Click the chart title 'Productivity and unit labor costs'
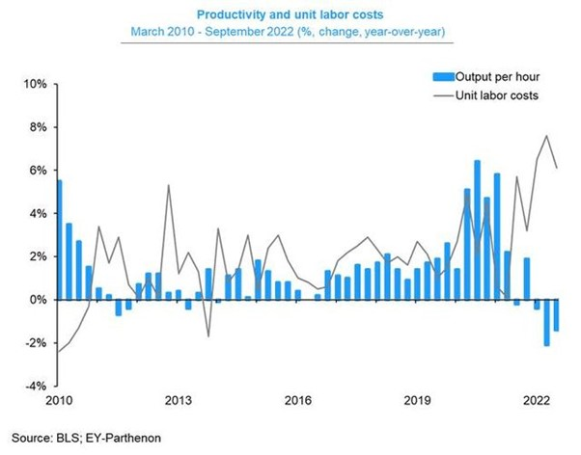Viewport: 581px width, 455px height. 290,16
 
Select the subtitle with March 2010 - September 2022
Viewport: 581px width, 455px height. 290,35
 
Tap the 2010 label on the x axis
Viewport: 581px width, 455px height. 58,399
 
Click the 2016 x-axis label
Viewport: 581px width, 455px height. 297,399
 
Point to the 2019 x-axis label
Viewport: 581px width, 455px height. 417,399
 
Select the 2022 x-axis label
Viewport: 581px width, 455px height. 536,399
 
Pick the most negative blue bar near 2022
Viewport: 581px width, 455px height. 546,322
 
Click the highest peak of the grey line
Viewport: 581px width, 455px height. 547,135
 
